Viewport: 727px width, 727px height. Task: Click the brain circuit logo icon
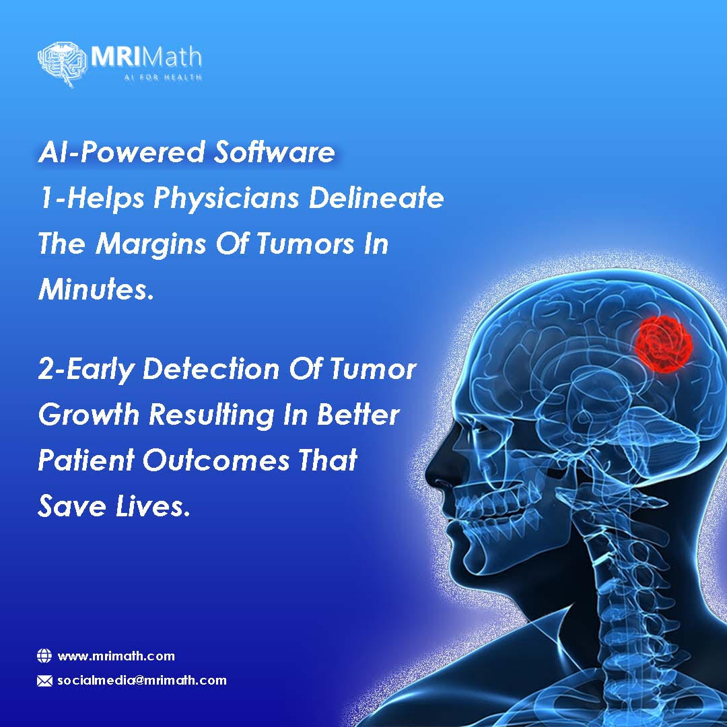pos(62,65)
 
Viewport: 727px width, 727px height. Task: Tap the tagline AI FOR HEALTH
pos(163,77)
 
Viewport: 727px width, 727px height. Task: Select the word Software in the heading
pos(274,152)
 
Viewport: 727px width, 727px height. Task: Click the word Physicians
pos(226,199)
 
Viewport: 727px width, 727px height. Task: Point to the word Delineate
pos(376,197)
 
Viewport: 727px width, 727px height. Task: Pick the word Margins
pos(151,244)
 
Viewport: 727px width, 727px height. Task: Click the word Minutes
pos(96,289)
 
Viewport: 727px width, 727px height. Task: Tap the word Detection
pos(211,369)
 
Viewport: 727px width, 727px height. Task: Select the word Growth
pos(89,415)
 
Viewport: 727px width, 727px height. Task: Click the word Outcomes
pos(215,460)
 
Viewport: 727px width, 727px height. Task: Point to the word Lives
pos(153,506)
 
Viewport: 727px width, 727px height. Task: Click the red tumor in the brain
pos(664,343)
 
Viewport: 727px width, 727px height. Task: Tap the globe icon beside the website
pos(44,656)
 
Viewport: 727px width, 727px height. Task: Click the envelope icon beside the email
pos(44,681)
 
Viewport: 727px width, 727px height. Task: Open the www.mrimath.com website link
pos(116,656)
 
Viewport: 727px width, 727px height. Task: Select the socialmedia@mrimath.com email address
pos(142,680)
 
